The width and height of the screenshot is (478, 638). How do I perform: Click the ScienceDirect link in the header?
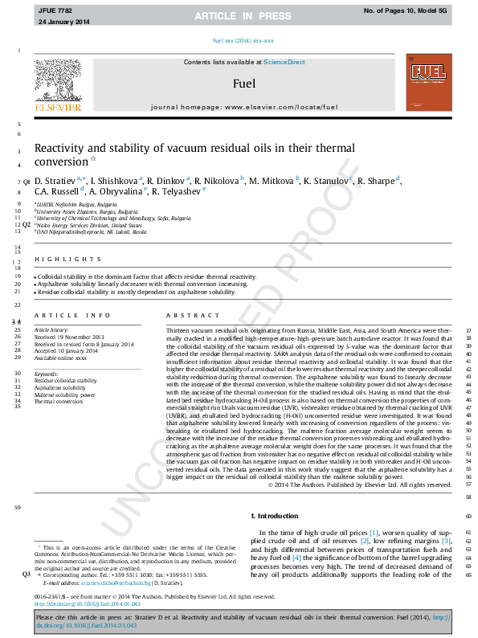(x=285, y=62)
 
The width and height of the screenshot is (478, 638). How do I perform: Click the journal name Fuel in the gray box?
(x=244, y=83)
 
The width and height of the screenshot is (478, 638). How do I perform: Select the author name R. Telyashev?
(x=178, y=191)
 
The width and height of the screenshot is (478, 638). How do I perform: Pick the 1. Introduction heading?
(x=275, y=515)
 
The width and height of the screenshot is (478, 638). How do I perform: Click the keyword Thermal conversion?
(x=58, y=401)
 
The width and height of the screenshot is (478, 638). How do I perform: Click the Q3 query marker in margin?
(x=27, y=575)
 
